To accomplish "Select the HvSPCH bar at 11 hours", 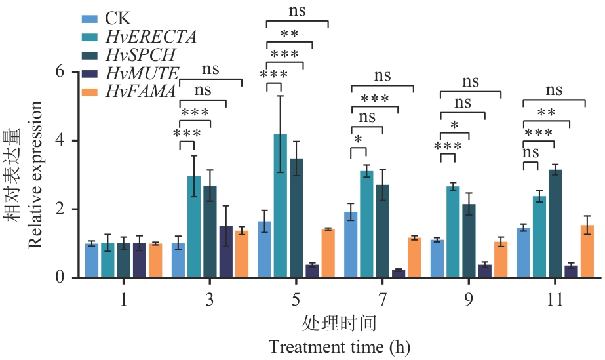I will [x=555, y=224].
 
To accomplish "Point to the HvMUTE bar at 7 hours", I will [x=398, y=274].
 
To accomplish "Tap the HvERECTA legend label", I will [x=142, y=36].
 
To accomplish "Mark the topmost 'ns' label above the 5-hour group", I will [x=297, y=10].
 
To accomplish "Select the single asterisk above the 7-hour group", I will [x=357, y=140].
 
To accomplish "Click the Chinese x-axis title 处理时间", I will [x=339, y=323].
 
